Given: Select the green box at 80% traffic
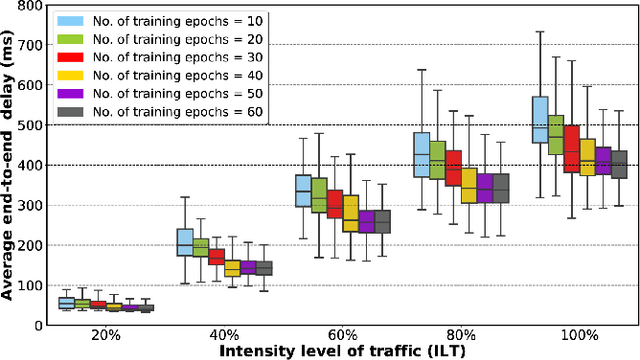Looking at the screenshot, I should pos(437,160).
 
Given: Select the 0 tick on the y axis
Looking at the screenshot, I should pos(38,325).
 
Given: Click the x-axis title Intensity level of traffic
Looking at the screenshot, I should pos(342,351).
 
